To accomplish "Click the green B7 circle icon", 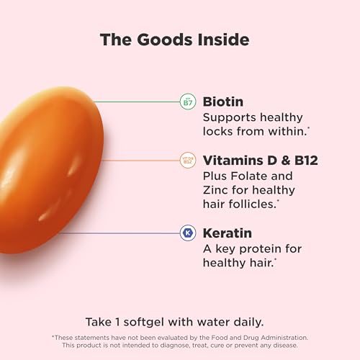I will pyautogui.click(x=187, y=102).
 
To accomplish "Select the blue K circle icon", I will pyautogui.click(x=187, y=233).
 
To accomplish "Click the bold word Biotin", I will pyautogui.click(x=223, y=102).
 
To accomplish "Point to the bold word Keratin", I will pyautogui.click(x=229, y=233).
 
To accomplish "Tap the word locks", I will pyautogui.click(x=220, y=132).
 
